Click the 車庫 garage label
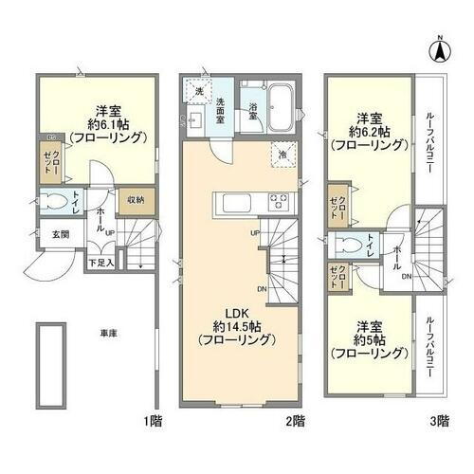(109, 333)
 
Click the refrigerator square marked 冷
(283, 154)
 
